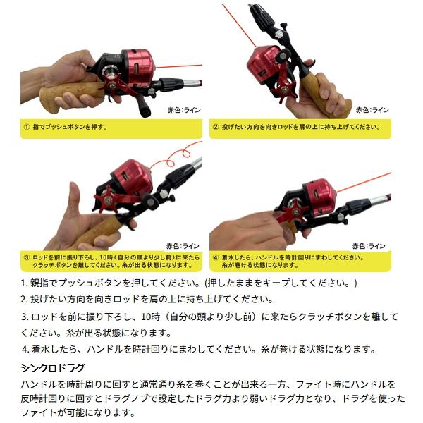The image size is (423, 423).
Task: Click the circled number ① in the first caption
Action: [x=27, y=127]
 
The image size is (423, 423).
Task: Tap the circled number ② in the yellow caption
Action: [x=216, y=127]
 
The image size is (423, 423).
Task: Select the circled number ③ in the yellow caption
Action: [x=27, y=257]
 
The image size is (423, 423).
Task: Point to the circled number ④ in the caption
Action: [x=216, y=257]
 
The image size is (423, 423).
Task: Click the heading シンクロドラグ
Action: [x=53, y=368]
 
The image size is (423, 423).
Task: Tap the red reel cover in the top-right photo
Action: [x=263, y=64]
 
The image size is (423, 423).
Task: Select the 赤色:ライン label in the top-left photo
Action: [x=184, y=110]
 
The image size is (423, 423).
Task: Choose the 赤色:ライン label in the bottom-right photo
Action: [x=369, y=246]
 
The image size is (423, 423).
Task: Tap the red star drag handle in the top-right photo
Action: [x=284, y=89]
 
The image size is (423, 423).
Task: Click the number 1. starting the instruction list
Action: [x=25, y=283]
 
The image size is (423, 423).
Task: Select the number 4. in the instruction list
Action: [x=25, y=350]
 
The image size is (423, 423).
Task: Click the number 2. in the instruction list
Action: [x=25, y=300]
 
